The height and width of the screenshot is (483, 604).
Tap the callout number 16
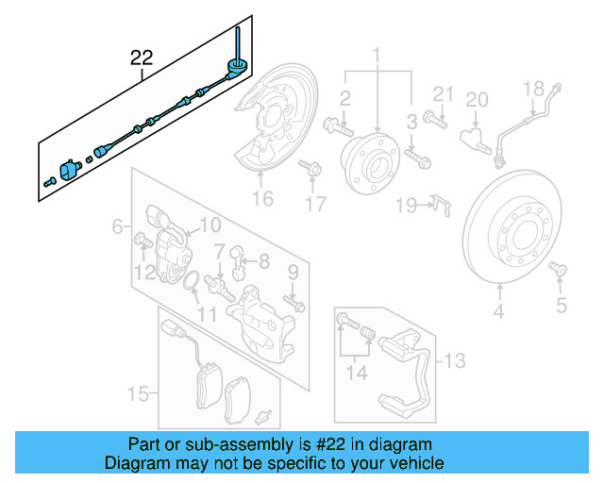click(x=261, y=198)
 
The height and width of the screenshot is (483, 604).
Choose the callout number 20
click(x=477, y=99)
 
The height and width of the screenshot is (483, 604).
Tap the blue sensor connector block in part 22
click(x=69, y=170)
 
